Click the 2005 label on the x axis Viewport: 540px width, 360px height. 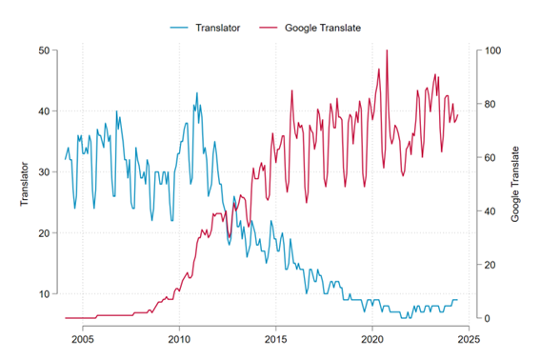pos(82,338)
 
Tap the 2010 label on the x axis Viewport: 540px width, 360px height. pos(179,338)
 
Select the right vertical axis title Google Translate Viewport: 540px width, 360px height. pos(515,184)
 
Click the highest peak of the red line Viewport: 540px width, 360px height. pos(387,50)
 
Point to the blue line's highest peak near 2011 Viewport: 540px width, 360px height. pos(197,93)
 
